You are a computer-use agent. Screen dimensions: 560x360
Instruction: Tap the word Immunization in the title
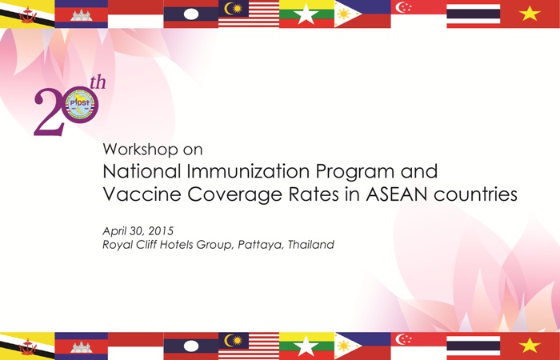pyautogui.click(x=248, y=171)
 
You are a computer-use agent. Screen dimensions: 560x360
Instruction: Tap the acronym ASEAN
pyautogui.click(x=397, y=194)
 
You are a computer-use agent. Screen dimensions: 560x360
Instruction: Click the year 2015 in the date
pyautogui.click(x=161, y=231)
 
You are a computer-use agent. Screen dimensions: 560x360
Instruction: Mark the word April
pyautogui.click(x=114, y=232)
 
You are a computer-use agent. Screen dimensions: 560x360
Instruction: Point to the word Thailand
pyautogui.click(x=310, y=244)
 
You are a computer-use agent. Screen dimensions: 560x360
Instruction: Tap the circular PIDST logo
pyautogui.click(x=81, y=105)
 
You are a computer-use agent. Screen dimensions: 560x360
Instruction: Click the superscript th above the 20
pyautogui.click(x=98, y=82)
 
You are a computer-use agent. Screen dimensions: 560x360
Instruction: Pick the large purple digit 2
pyautogui.click(x=50, y=112)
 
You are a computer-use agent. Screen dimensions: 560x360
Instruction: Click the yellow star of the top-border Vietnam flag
pyautogui.click(x=529, y=14)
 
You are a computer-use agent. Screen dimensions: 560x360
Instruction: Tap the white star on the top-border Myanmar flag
pyautogui.click(x=306, y=14)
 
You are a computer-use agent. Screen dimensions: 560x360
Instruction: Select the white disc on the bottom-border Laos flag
pyautogui.click(x=190, y=346)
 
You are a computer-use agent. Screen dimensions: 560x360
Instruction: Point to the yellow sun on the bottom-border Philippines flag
pyautogui.click(x=343, y=346)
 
